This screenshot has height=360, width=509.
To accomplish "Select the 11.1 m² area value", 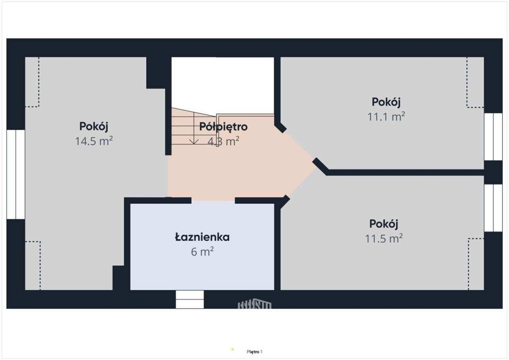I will click(386, 117).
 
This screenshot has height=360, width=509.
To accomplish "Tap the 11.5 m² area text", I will click(384, 238).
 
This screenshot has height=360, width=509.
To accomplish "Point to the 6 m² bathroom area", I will click(202, 252).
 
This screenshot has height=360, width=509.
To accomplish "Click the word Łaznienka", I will click(202, 237).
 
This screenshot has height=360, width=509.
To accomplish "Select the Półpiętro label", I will click(223, 127).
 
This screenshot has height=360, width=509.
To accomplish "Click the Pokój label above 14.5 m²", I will click(94, 126).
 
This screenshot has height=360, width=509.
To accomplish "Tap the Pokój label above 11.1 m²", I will click(386, 102).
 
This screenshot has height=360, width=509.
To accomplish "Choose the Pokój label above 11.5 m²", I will click(384, 224).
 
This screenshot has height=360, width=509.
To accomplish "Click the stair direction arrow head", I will click(194, 141).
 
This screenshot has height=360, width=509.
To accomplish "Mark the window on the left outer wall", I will click(16, 174).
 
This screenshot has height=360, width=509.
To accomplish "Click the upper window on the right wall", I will click(493, 137).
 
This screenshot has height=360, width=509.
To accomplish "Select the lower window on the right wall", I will click(493, 208).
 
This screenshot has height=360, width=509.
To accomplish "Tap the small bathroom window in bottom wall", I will click(190, 299).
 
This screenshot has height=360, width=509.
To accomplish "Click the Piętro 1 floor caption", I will click(254, 352).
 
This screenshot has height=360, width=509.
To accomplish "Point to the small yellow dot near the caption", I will click(233, 350).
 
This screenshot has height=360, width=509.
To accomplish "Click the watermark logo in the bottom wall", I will click(254, 304).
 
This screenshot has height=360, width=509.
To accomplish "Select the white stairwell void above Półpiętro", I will click(223, 84).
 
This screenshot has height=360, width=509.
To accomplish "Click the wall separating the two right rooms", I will click(406, 172).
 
